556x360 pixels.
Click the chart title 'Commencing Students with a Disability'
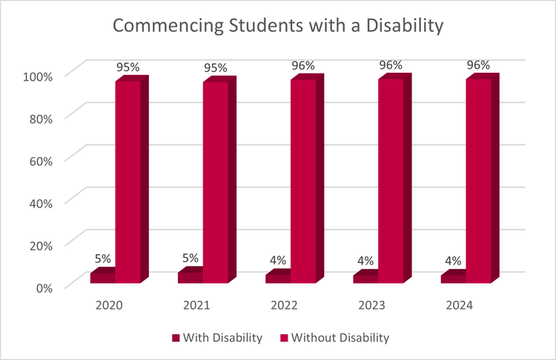278,26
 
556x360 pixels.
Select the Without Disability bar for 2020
128,181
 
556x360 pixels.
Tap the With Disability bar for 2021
191,278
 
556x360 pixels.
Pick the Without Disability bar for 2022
302,181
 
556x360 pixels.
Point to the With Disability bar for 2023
365,279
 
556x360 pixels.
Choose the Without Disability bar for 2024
478,181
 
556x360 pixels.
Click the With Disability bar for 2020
102,278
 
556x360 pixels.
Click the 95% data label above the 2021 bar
216,68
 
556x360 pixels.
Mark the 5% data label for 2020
102,259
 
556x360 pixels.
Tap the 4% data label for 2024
453,261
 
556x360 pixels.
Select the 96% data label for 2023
391,65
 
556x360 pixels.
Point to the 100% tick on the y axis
39,76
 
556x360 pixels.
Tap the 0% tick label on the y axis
44,287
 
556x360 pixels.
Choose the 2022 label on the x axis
285,305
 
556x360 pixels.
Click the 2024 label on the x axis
460,305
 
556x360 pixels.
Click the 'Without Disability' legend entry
340,338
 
